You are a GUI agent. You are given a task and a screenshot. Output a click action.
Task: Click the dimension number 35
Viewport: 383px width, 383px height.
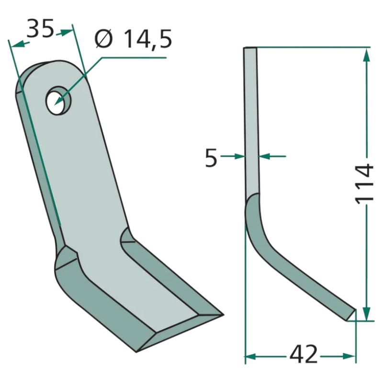point(40,28)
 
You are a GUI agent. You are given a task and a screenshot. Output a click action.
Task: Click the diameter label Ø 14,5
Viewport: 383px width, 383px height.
point(134,39)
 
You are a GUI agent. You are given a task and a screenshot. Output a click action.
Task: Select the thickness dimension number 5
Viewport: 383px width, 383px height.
point(211,158)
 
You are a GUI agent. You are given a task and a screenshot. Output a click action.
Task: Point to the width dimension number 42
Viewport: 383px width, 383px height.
point(304,353)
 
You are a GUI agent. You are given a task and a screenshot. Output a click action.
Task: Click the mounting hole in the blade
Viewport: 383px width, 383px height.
point(58,100)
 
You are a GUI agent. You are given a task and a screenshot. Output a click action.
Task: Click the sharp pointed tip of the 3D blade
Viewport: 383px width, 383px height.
point(223,315)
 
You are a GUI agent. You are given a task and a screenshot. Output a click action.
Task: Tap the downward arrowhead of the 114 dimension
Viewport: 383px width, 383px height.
point(366,313)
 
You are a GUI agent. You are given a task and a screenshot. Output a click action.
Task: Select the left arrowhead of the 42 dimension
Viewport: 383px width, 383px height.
point(250,356)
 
